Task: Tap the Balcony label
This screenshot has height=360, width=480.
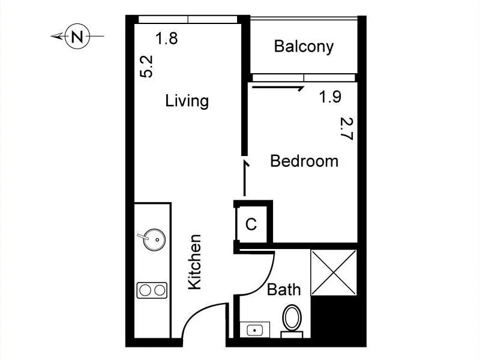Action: pyautogui.click(x=304, y=47)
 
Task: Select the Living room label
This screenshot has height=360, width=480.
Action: pyautogui.click(x=187, y=101)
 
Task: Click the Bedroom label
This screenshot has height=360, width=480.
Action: pyautogui.click(x=304, y=161)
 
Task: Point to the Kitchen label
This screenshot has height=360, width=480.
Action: pyautogui.click(x=195, y=262)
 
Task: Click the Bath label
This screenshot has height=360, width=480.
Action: pyautogui.click(x=284, y=290)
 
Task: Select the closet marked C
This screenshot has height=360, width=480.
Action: pyautogui.click(x=251, y=224)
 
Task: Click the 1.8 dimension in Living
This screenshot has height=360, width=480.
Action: pyautogui.click(x=166, y=39)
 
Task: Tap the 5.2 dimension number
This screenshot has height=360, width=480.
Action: pyautogui.click(x=147, y=66)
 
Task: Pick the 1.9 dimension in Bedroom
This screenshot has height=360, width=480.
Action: pyautogui.click(x=330, y=97)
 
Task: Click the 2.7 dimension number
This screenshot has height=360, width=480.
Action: pyautogui.click(x=346, y=128)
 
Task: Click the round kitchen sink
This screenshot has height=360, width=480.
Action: pyautogui.click(x=154, y=239)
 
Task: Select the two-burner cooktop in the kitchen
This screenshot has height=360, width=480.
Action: pyautogui.click(x=151, y=290)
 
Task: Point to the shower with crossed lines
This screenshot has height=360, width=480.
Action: pyautogui.click(x=334, y=272)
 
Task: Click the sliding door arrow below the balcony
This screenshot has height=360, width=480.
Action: pyautogui.click(x=279, y=88)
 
